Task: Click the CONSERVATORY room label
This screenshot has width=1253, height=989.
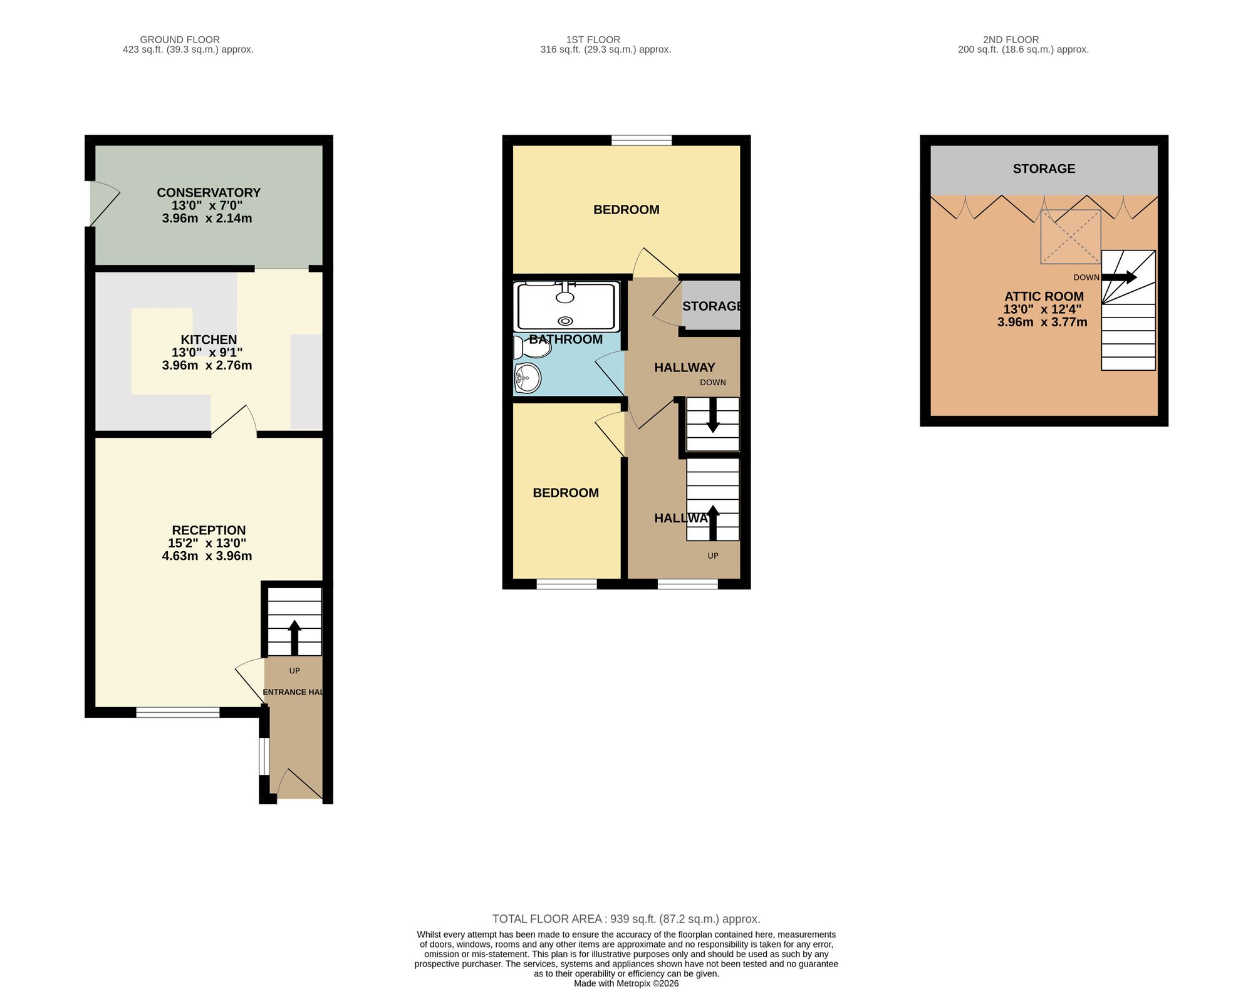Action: point(209,193)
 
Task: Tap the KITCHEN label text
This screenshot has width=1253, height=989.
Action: point(209,340)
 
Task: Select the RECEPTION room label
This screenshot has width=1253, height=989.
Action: point(209,531)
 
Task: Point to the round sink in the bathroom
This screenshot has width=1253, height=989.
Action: point(528,378)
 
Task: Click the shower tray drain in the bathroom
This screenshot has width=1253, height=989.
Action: point(566,321)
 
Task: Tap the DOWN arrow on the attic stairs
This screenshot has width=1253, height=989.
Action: point(1119,277)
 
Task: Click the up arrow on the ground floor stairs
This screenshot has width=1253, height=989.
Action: point(294,638)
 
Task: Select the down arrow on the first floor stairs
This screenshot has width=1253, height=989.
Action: point(713,416)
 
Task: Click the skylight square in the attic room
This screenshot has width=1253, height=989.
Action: point(1071,237)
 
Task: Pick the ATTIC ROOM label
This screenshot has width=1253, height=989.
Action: point(1044,297)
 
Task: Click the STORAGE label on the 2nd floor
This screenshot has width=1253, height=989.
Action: point(1044,168)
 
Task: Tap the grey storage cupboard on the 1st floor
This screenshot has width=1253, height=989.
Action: point(711,305)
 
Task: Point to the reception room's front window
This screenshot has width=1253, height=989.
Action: point(178,712)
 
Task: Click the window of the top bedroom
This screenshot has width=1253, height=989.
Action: point(642,140)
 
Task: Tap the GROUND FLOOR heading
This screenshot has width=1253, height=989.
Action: point(180,39)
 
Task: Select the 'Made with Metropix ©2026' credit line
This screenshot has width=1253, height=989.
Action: point(626,983)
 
